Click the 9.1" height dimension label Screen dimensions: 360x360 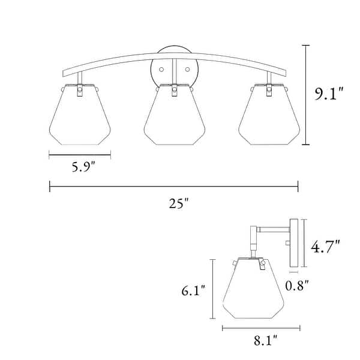(x=329, y=94)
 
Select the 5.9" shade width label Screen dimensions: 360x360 (x=83, y=167)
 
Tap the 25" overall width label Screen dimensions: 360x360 (x=178, y=203)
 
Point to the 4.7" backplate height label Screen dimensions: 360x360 (x=325, y=247)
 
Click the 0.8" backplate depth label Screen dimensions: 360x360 (x=297, y=286)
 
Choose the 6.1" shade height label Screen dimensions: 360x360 (x=193, y=290)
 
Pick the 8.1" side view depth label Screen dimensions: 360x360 (x=266, y=340)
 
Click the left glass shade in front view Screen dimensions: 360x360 (x=80, y=115)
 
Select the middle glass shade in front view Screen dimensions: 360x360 (x=175, y=115)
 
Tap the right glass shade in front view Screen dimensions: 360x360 (x=269, y=115)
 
